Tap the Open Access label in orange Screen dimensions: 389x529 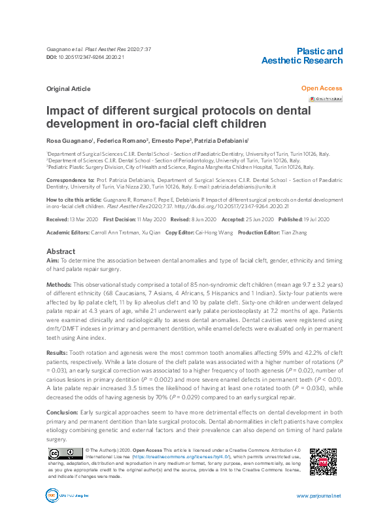(321, 87)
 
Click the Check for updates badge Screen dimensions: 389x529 (326, 99)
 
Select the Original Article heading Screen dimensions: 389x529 (67, 88)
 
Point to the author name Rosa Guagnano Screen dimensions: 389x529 (68, 141)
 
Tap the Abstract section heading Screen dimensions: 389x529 (60, 251)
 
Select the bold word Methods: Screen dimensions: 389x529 (59, 286)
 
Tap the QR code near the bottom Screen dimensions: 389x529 (322, 462)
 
